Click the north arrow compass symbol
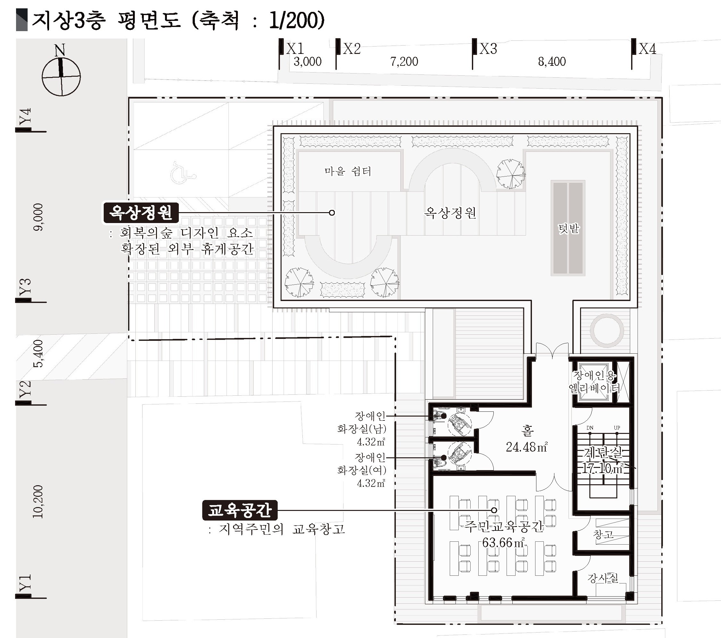point(61,74)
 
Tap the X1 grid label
point(295,49)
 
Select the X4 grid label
point(647,49)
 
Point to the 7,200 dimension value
point(404,62)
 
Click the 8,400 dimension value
point(552,62)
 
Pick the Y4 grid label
point(25,116)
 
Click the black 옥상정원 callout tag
point(141,213)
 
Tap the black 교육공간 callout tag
point(239,510)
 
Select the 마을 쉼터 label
point(348,171)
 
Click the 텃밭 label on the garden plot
point(568,228)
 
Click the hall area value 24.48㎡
point(527,447)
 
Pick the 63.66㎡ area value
point(503,542)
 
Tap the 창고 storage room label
point(603,535)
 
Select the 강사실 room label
point(603,578)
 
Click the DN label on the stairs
point(589,428)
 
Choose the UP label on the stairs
point(617,428)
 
